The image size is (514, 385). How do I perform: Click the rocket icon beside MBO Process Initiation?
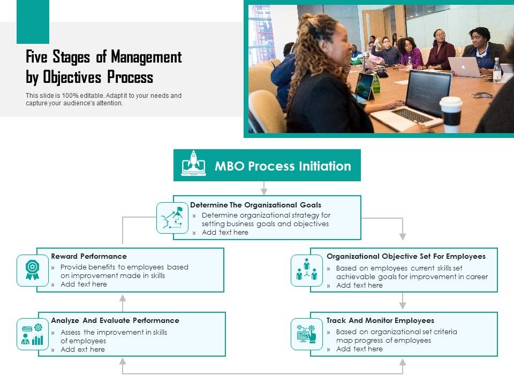193,164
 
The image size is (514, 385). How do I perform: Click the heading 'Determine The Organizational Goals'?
255,205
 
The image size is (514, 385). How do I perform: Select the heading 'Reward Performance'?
89,256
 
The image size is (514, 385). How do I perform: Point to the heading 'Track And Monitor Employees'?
380,320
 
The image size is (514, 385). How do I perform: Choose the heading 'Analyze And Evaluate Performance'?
115,320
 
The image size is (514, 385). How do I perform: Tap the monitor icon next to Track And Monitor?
307,334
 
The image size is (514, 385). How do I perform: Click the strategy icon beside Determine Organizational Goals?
172,218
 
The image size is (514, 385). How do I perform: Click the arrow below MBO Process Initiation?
264,189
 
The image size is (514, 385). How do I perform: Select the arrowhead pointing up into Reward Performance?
123,298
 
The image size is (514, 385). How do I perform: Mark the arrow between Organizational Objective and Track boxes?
403,302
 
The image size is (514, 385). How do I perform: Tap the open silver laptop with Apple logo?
464,67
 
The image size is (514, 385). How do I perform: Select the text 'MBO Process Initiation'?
283,166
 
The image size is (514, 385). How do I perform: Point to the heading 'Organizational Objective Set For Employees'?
406,256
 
